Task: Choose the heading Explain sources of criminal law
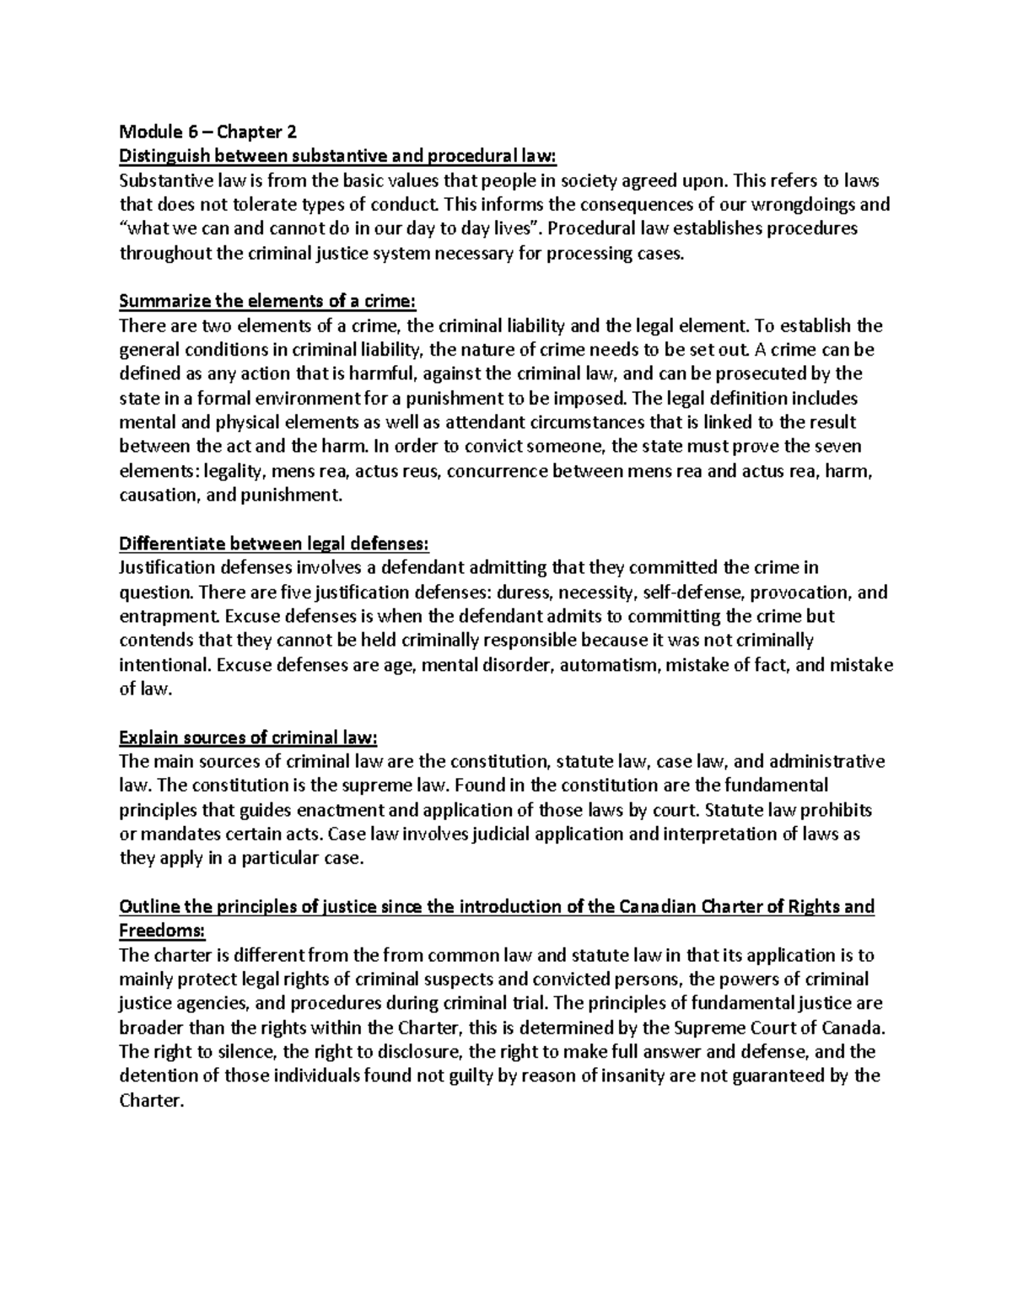tap(249, 738)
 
